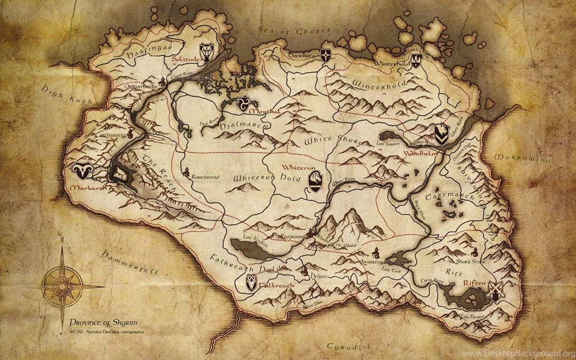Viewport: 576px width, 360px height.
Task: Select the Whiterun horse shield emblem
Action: click(316, 181)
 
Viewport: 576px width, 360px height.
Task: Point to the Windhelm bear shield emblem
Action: click(442, 134)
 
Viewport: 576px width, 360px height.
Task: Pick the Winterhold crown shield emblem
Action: click(416, 58)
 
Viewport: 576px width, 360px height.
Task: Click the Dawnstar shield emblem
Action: click(326, 55)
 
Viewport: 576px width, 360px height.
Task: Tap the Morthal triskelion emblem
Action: click(243, 103)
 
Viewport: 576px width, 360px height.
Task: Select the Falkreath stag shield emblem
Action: click(251, 283)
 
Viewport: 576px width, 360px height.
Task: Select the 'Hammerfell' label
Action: click(129, 264)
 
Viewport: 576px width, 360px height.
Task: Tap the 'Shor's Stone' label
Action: click(470, 260)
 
